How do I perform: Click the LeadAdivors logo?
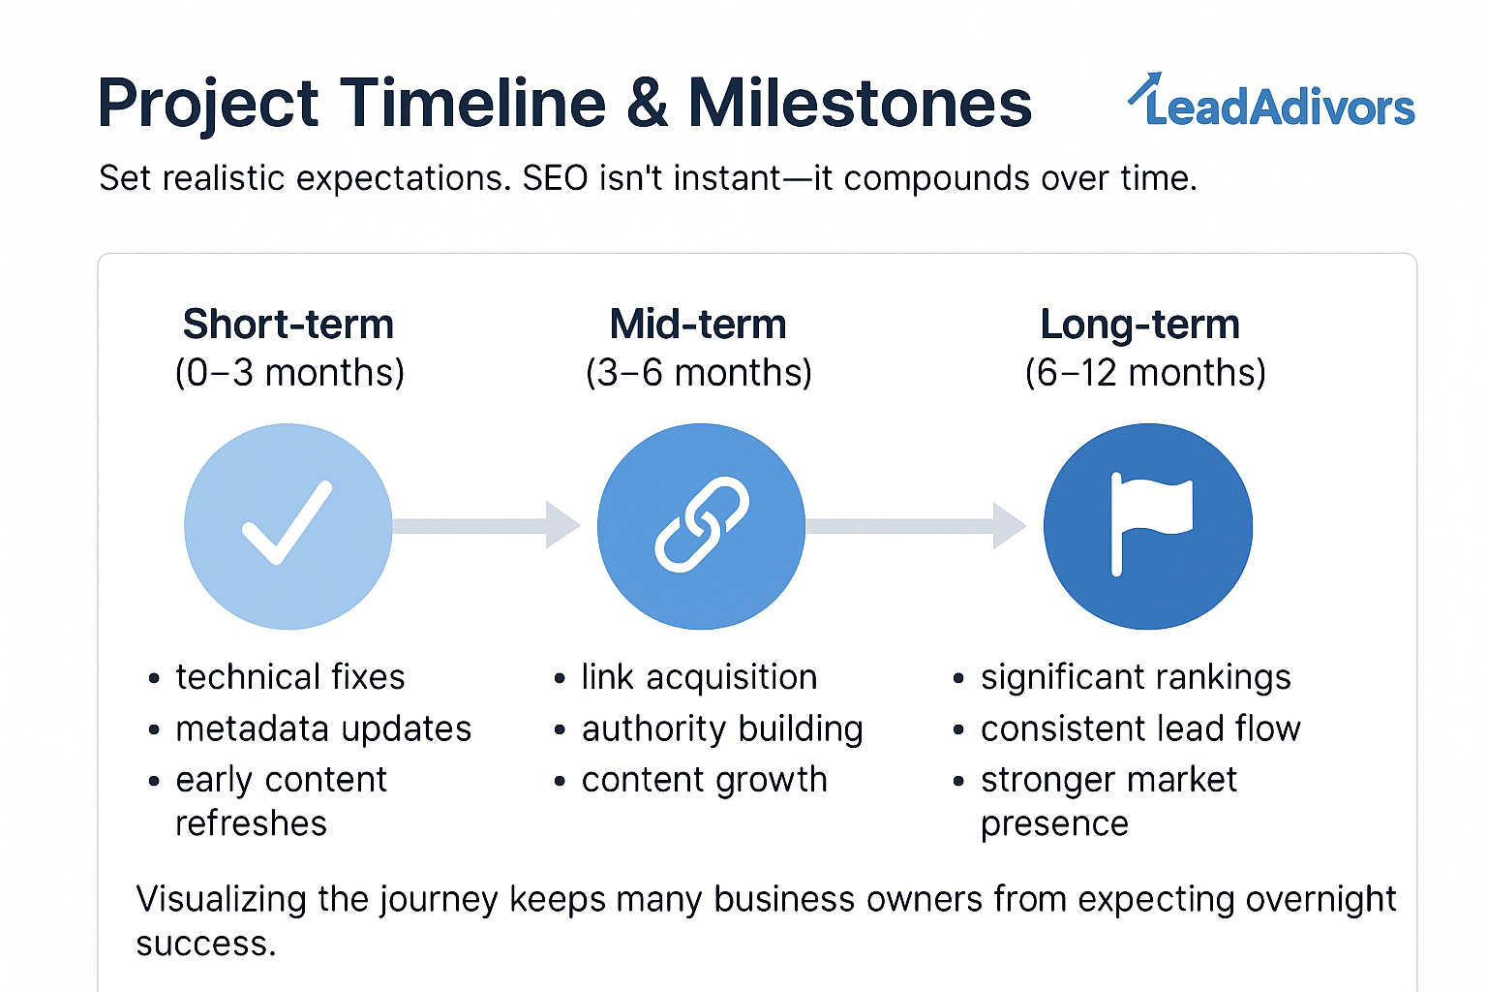[x=1271, y=101]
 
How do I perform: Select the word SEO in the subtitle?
[x=555, y=178]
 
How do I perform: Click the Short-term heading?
[x=288, y=325]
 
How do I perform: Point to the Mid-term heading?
[x=698, y=325]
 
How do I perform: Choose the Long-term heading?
[x=1139, y=325]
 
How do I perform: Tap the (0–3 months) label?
[x=289, y=373]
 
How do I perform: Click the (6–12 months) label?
[x=1145, y=373]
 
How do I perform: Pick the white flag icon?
[x=1150, y=524]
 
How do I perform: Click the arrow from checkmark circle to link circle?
[x=487, y=526]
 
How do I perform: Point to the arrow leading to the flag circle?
[x=917, y=526]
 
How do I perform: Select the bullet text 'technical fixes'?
[x=290, y=677]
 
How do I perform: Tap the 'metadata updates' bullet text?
[x=323, y=728]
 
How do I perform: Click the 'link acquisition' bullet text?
[x=699, y=678]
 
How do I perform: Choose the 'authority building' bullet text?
[x=722, y=729]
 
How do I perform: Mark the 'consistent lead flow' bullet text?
[x=1140, y=728]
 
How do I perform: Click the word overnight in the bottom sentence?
[x=1321, y=900]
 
